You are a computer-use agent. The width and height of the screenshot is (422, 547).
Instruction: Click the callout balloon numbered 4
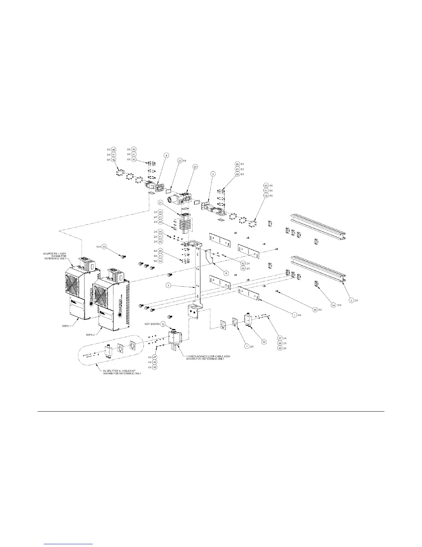point(166,156)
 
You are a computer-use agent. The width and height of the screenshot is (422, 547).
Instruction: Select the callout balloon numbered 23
point(180,161)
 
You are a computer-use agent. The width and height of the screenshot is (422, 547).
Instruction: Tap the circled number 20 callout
point(195,166)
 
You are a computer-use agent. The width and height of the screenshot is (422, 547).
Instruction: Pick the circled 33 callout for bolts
point(114,247)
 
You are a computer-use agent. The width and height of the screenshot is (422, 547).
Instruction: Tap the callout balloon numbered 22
point(264,342)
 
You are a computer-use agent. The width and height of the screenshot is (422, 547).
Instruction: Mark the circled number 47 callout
point(155,357)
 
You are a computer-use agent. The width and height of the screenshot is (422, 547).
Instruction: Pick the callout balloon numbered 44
point(160,232)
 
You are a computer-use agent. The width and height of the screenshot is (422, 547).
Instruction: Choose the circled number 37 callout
point(280,338)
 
